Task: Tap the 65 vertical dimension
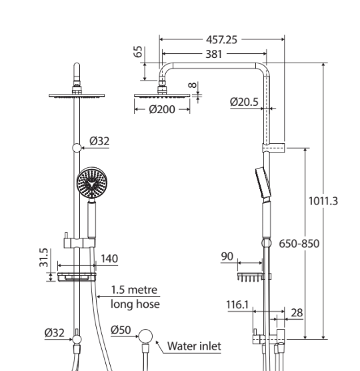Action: pos(139,52)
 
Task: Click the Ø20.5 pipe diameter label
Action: pos(244,101)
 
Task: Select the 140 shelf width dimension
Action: pos(108,258)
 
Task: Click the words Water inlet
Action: pos(193,346)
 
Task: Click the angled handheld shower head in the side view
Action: pos(262,181)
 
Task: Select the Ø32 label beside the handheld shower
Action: pos(99,141)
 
